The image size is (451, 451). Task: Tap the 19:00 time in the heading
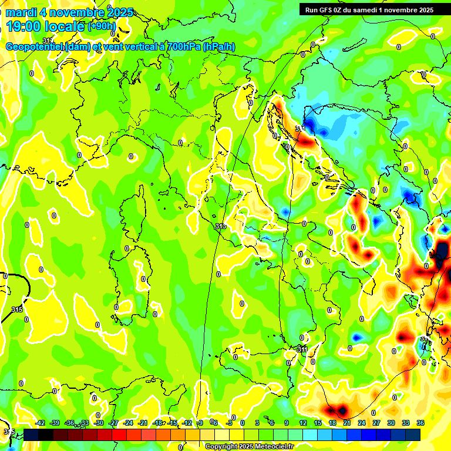point(25,25)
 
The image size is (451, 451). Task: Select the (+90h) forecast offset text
point(102,26)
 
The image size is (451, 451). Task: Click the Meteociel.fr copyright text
point(249,446)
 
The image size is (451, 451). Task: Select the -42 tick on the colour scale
point(41,423)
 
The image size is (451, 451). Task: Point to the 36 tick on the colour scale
point(420,423)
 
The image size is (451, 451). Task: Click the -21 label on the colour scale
point(143,423)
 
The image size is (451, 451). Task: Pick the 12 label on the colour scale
point(302,423)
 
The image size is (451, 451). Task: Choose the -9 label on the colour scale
point(200,423)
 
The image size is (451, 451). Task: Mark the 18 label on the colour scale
point(332,423)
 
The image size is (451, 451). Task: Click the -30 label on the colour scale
point(99,423)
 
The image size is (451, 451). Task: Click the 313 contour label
point(220,226)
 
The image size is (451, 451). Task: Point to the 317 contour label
point(48,41)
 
